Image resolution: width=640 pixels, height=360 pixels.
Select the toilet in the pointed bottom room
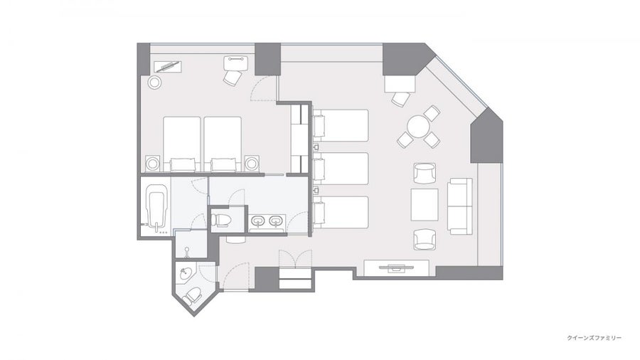point(192,296)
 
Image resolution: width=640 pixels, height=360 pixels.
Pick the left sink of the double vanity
point(257,222)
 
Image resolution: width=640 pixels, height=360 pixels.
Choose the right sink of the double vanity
point(275,222)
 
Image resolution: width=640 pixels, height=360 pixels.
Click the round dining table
point(417,127)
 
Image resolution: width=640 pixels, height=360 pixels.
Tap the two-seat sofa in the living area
point(460,206)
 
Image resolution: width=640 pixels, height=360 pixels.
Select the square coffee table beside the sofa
point(425,204)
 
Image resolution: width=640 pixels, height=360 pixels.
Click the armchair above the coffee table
point(425,173)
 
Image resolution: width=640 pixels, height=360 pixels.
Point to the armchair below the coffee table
point(425,240)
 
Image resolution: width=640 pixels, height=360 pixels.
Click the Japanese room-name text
point(594,338)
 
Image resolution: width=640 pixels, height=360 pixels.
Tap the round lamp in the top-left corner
point(154,83)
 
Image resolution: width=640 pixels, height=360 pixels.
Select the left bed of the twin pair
point(181,144)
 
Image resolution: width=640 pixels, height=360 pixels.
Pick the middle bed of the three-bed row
point(341,169)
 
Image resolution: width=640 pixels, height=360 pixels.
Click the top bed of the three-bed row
point(341,125)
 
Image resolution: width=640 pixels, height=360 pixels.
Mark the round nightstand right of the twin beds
point(252,164)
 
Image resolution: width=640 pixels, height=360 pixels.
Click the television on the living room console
point(396,268)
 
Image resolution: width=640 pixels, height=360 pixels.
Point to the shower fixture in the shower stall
point(186,253)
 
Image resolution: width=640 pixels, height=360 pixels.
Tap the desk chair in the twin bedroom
point(233,78)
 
